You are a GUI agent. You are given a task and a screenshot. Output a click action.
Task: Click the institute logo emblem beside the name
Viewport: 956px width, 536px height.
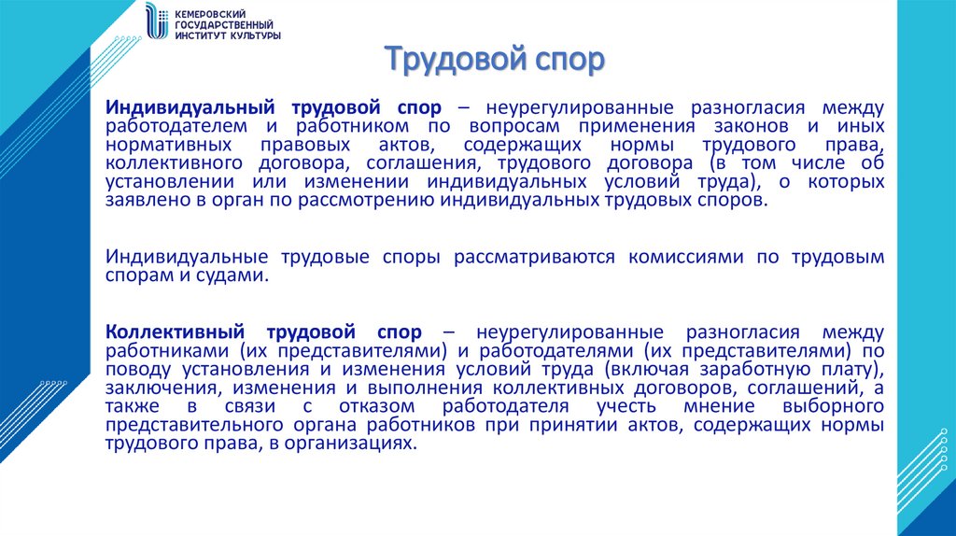(154, 23)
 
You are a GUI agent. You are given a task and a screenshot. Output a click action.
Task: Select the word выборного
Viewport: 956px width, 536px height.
(838, 407)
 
